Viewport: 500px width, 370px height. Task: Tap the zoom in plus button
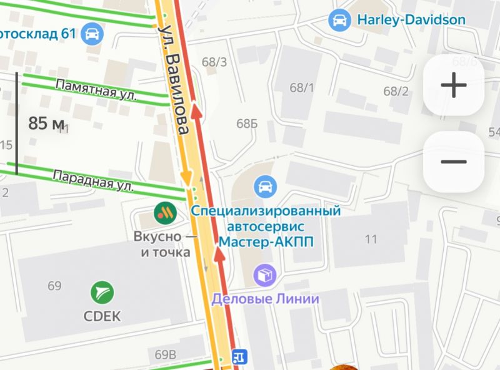453,85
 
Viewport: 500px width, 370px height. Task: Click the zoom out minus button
453,162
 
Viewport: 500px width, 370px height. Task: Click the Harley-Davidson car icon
339,20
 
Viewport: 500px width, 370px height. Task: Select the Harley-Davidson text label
411,20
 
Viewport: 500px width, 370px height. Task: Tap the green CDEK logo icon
101,293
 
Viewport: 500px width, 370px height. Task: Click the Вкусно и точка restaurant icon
166,213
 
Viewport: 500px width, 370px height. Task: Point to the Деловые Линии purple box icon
265,275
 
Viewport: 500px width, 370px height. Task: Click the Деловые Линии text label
265,299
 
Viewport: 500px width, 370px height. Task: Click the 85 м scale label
46,124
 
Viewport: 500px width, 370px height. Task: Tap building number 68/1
302,87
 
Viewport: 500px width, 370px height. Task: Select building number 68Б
247,124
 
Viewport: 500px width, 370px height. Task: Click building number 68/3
214,62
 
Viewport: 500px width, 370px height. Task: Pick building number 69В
166,354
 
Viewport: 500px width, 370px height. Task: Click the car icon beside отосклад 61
92,32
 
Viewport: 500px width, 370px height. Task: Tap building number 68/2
396,91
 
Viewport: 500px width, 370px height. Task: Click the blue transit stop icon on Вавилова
239,357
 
